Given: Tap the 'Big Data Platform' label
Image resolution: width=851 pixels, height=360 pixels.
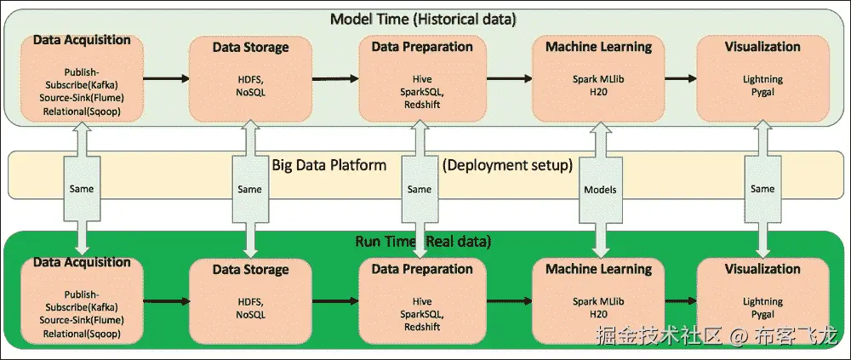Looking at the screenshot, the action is (328, 164).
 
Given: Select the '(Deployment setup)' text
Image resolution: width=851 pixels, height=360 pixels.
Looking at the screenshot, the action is (507, 165).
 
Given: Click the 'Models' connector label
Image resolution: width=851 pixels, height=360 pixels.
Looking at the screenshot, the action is (600, 190).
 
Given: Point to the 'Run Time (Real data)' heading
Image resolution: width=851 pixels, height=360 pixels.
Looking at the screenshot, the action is (423, 241).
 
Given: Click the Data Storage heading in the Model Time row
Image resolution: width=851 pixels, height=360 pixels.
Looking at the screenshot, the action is (250, 48).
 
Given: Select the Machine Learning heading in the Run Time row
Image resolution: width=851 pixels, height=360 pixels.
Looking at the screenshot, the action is (598, 269).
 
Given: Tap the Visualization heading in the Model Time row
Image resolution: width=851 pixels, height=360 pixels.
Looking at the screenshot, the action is (762, 47).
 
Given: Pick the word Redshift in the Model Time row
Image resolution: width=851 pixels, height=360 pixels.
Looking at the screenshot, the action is (422, 105).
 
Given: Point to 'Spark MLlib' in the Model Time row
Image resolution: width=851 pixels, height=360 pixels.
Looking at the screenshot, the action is (598, 79).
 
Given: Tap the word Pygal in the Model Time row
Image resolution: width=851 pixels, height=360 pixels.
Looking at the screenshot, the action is (762, 92).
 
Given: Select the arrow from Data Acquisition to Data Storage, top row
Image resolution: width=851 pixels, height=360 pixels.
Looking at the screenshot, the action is (167, 79).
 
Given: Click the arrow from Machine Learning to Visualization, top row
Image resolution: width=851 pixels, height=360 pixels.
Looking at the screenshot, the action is (681, 79).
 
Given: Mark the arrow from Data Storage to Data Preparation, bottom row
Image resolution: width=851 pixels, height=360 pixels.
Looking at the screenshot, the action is (335, 300).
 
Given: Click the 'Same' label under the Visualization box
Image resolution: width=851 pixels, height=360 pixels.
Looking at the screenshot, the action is (762, 189).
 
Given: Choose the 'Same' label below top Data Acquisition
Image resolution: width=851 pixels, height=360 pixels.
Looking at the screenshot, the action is (82, 189).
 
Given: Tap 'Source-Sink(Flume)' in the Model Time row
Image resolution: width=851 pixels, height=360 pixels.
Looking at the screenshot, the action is (82, 98).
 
